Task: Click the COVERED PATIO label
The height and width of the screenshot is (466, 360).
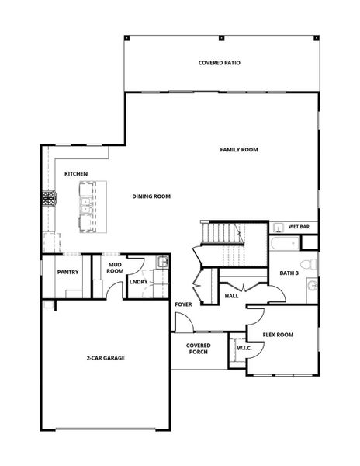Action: (x=220, y=63)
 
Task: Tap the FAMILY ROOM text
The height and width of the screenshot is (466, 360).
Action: (x=239, y=150)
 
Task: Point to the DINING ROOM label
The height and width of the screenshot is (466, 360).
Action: (x=151, y=196)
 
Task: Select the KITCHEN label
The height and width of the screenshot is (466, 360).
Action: (x=75, y=174)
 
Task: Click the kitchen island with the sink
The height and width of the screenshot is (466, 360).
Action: (x=85, y=207)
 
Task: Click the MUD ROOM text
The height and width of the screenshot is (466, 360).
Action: (x=115, y=268)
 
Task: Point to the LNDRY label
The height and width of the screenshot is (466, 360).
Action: (x=139, y=282)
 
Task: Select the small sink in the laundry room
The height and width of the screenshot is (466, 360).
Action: (x=161, y=263)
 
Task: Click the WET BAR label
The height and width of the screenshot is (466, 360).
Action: (x=299, y=227)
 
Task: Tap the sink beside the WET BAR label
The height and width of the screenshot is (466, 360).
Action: (x=278, y=228)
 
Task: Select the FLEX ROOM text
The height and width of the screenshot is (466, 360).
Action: (x=278, y=335)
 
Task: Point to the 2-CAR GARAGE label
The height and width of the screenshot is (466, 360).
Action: (x=106, y=358)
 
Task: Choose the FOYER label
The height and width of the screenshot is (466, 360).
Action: (x=183, y=304)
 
